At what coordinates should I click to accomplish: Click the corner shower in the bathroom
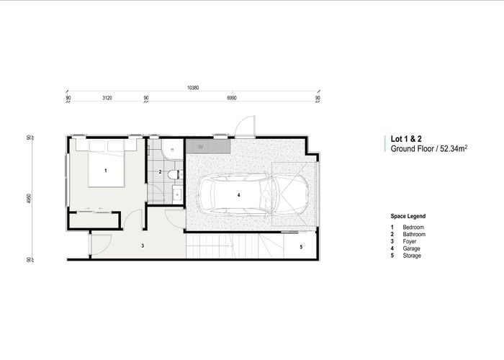[171, 149]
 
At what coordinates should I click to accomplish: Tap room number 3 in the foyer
[143, 246]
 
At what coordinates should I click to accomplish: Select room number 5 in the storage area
[301, 246]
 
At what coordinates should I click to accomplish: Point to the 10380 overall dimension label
[193, 87]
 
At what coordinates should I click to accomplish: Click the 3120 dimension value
[107, 96]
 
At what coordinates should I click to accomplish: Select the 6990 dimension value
[232, 96]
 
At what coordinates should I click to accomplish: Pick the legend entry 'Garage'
[412, 248]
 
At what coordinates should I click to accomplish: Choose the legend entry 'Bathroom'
[414, 234]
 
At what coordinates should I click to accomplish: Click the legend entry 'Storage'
[413, 256]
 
